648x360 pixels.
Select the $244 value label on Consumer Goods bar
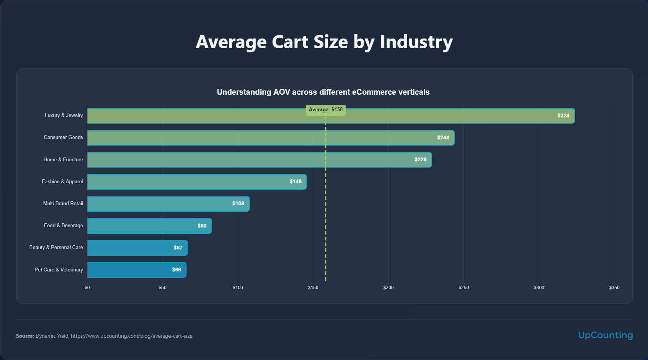click(443, 137)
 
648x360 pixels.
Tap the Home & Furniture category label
click(63, 159)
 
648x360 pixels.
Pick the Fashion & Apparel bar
click(197, 182)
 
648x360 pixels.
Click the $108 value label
click(238, 203)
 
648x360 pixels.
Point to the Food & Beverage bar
click(149, 226)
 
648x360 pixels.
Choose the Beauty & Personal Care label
click(56, 247)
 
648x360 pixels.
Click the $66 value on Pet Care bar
click(176, 270)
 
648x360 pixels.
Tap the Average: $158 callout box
click(326, 110)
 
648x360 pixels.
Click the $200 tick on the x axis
click(388, 288)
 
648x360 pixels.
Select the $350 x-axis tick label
click(614, 288)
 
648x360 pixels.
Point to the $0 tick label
click(87, 288)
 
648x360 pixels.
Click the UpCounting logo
click(605, 335)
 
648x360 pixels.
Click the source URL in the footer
click(131, 336)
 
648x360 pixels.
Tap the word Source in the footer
click(25, 336)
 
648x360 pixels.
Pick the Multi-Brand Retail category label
click(63, 203)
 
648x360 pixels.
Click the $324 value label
click(563, 116)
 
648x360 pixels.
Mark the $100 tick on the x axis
click(238, 288)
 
